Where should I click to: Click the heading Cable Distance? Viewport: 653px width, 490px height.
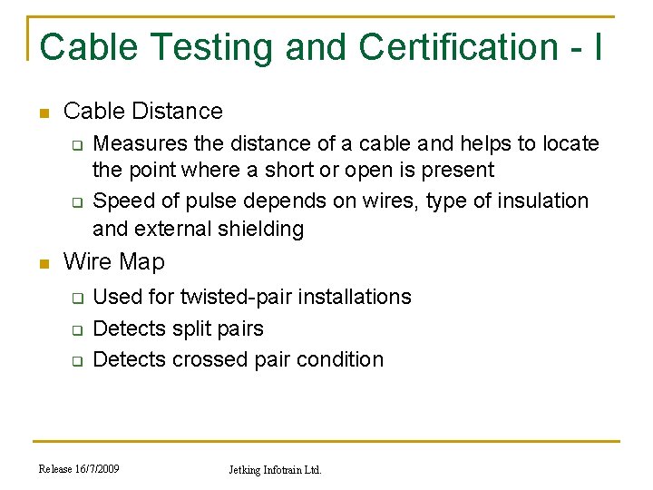142,112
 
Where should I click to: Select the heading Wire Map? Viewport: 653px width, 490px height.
113,262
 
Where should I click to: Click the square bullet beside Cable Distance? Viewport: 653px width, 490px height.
42,113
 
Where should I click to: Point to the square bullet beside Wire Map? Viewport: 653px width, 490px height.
42,264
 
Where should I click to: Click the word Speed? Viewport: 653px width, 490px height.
122,201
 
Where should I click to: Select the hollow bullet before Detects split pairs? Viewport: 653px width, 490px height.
78,329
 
